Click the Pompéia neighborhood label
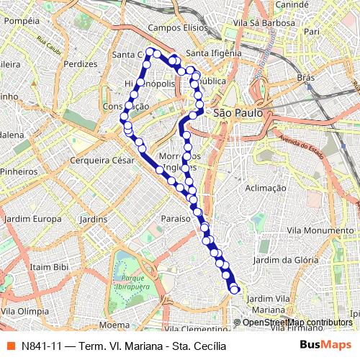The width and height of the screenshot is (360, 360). click(21, 21)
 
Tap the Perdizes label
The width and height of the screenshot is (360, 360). click(80, 63)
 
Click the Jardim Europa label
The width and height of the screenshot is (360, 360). click(32, 218)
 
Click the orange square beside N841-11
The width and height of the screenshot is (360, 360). click(11, 345)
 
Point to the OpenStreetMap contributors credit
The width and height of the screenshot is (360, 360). click(296, 323)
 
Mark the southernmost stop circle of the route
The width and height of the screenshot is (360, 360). click(234, 289)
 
